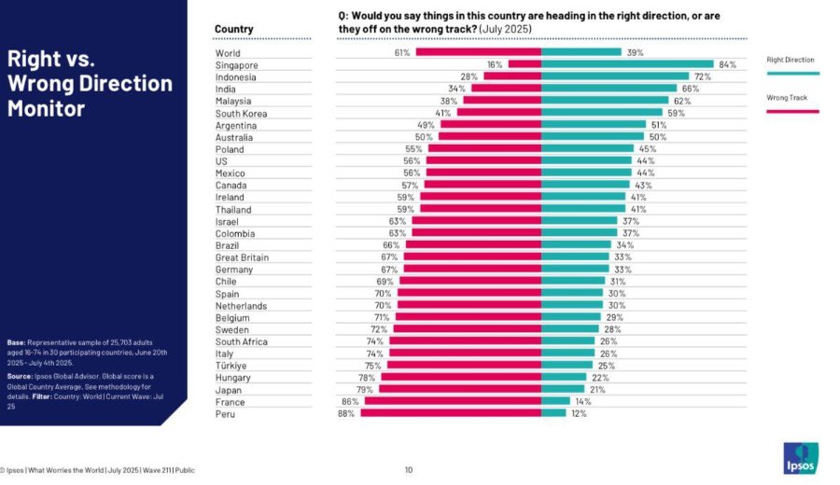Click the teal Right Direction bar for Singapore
tap(627, 64)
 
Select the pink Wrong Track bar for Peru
tap(451, 413)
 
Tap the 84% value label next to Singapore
tap(727, 64)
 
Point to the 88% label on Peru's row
tap(346, 414)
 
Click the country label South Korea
tap(241, 114)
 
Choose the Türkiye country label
tap(231, 366)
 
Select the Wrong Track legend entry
tap(792, 104)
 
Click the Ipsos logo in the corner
tap(801, 458)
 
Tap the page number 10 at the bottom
tap(409, 470)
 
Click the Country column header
tap(233, 29)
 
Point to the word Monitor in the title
tap(46, 109)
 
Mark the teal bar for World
tap(581, 52)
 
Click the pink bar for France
tap(454, 401)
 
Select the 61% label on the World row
tap(402, 52)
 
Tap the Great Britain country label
tap(242, 257)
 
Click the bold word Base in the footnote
tap(16, 342)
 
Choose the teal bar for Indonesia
tap(615, 76)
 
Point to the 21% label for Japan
tap(597, 390)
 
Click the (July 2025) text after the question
tap(505, 29)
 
